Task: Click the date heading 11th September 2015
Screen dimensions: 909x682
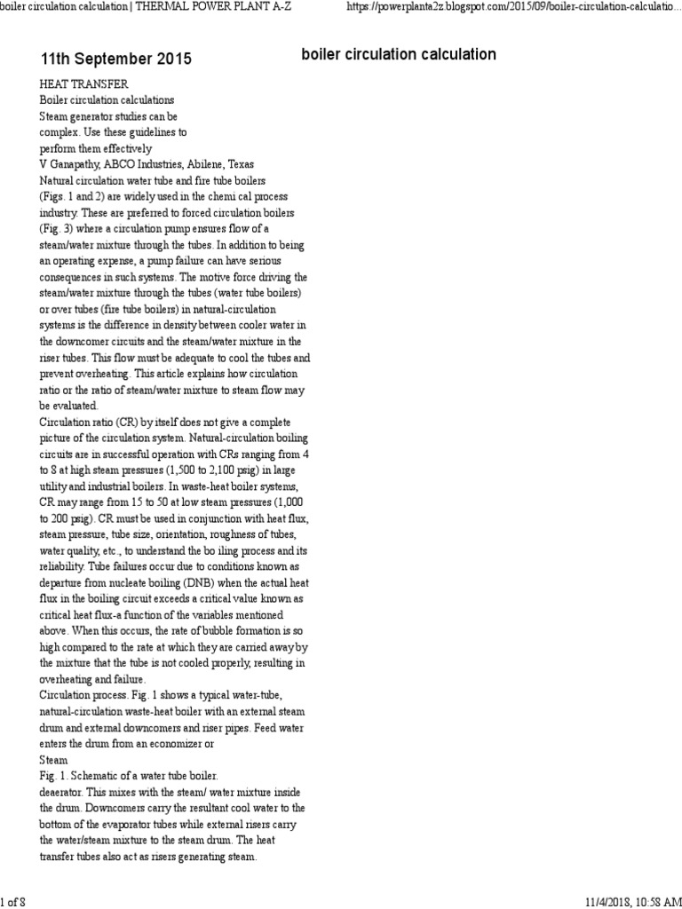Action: tap(115, 59)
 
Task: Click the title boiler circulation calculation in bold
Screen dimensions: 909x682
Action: tap(399, 55)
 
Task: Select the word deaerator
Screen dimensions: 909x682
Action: tap(64, 793)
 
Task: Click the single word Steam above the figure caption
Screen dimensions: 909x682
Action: tap(53, 761)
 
